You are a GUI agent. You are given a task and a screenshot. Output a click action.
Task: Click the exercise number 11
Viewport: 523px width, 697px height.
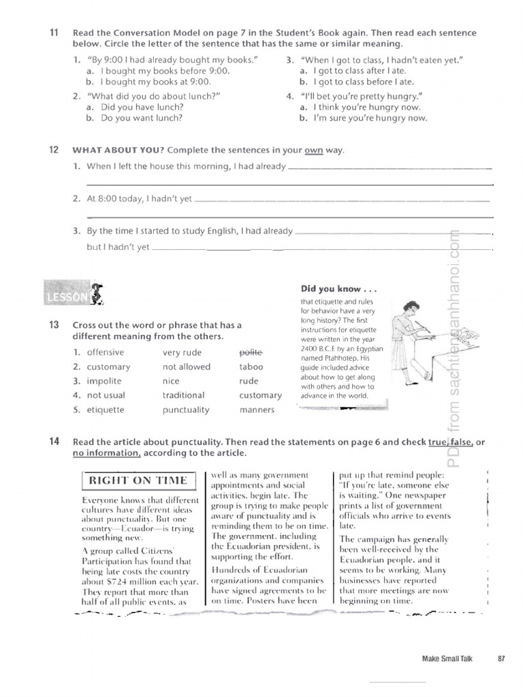(54, 33)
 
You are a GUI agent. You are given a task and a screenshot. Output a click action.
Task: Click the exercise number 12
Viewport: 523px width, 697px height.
(54, 150)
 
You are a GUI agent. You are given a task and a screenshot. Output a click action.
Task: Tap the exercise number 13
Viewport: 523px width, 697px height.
(54, 325)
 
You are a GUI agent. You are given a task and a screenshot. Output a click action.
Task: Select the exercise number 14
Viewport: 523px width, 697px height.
(54, 442)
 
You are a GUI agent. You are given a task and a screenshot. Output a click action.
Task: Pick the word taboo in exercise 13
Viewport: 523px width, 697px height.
(250, 366)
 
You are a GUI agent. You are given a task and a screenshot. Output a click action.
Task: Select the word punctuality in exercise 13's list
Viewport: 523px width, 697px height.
(186, 410)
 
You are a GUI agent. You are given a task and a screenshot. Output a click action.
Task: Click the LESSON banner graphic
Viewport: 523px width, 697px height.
(75, 293)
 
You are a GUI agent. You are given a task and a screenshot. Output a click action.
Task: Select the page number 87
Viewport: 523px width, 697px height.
(501, 658)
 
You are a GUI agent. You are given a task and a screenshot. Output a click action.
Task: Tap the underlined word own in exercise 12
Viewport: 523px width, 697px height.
(313, 150)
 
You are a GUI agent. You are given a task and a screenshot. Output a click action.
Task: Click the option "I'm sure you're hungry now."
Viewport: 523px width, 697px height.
(370, 118)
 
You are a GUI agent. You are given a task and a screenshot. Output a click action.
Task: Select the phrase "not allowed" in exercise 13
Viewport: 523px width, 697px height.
(187, 366)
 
